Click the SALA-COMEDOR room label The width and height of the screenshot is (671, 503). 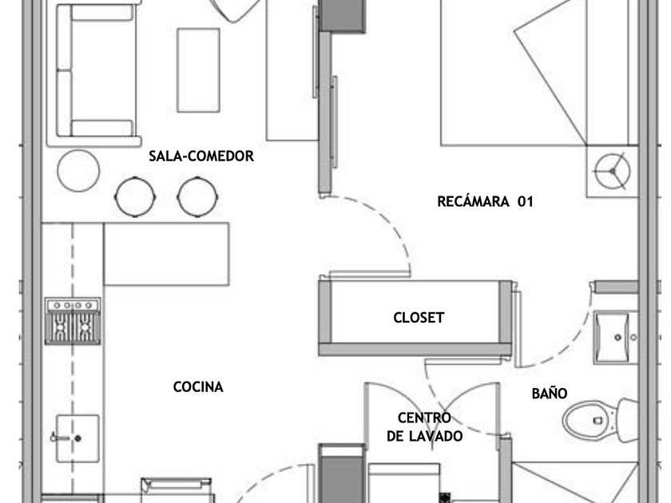201,156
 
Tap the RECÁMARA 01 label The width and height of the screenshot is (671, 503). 486,201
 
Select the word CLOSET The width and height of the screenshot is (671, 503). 419,318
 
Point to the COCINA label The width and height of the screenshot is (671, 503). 198,387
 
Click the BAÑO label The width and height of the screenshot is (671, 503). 550,393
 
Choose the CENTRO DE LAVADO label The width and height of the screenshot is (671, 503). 424,427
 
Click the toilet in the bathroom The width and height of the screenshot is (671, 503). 600,421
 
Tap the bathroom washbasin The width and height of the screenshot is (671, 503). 615,338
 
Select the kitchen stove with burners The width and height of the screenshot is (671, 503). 73,321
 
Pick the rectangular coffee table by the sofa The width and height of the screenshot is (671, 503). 199,70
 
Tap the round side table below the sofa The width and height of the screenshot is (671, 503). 78,171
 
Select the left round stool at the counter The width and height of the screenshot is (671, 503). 135,196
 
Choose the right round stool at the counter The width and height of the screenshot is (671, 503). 197,196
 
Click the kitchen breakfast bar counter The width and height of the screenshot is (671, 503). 166,254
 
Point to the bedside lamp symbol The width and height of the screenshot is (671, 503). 613,171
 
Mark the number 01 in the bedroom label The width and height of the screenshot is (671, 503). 526,201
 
